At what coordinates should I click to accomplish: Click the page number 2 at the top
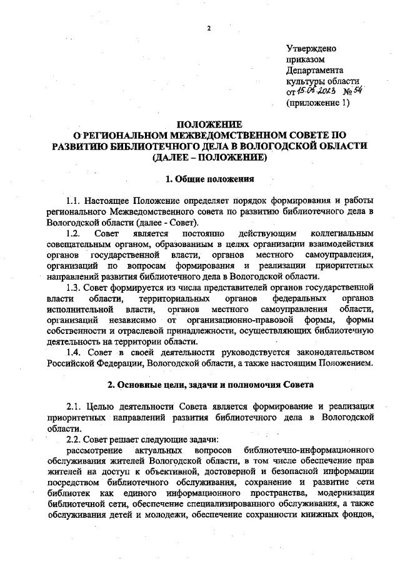[x=209, y=29]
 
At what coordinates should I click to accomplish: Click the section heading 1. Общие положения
[x=209, y=179]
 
